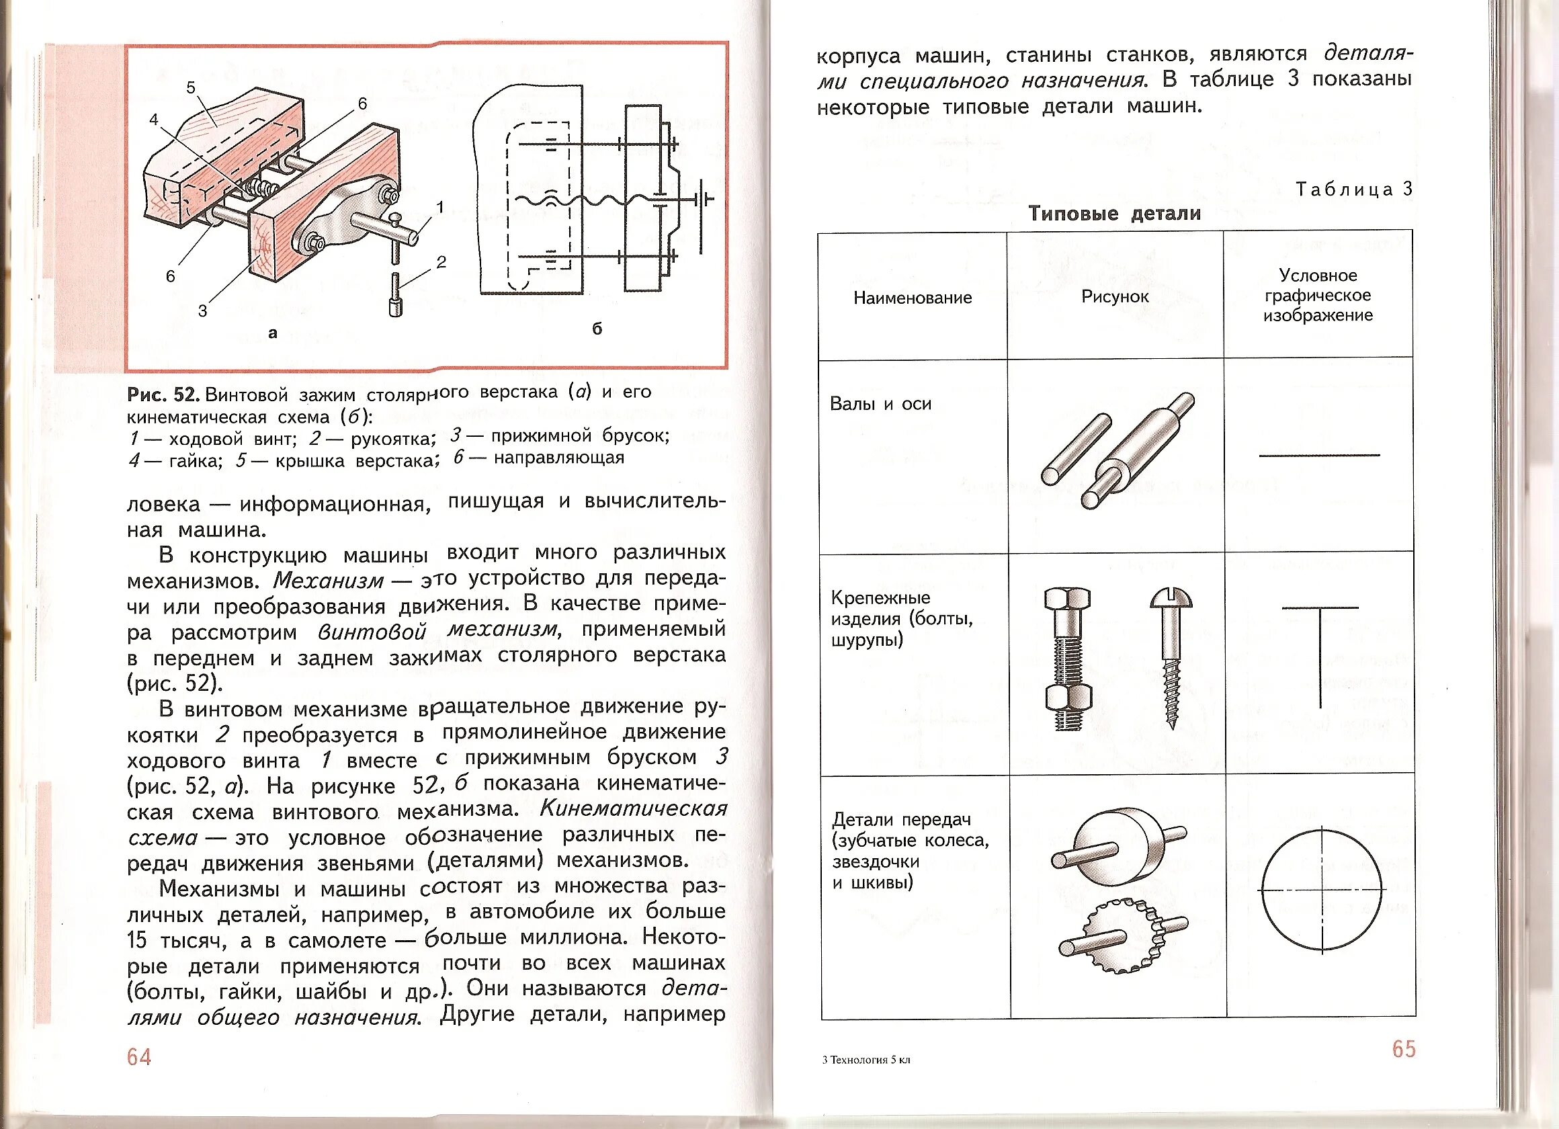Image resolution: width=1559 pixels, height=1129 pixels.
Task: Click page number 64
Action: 139,1057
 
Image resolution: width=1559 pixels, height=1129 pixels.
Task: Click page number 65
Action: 1404,1049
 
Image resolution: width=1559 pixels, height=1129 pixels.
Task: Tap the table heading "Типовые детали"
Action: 1114,213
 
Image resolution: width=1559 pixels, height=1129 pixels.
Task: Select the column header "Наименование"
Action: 912,298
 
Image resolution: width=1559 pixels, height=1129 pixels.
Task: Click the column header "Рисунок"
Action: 1115,296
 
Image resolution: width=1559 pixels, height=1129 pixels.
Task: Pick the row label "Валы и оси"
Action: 880,404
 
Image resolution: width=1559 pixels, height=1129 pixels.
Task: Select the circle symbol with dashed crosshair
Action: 1321,890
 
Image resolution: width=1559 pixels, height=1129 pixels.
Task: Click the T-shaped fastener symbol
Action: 1320,653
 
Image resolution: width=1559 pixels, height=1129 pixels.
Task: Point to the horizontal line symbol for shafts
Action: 1319,455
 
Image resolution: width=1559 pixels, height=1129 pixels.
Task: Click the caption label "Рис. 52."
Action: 163,394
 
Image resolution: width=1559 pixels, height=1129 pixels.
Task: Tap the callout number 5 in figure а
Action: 191,87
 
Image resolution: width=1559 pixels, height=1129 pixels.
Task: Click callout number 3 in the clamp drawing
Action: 202,310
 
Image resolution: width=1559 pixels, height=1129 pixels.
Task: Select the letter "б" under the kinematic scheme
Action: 597,329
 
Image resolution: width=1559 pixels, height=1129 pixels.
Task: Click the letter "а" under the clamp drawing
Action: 273,333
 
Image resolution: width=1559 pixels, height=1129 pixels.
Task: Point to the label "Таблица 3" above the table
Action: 1353,189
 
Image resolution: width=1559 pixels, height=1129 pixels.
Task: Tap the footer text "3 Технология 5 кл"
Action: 866,1060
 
